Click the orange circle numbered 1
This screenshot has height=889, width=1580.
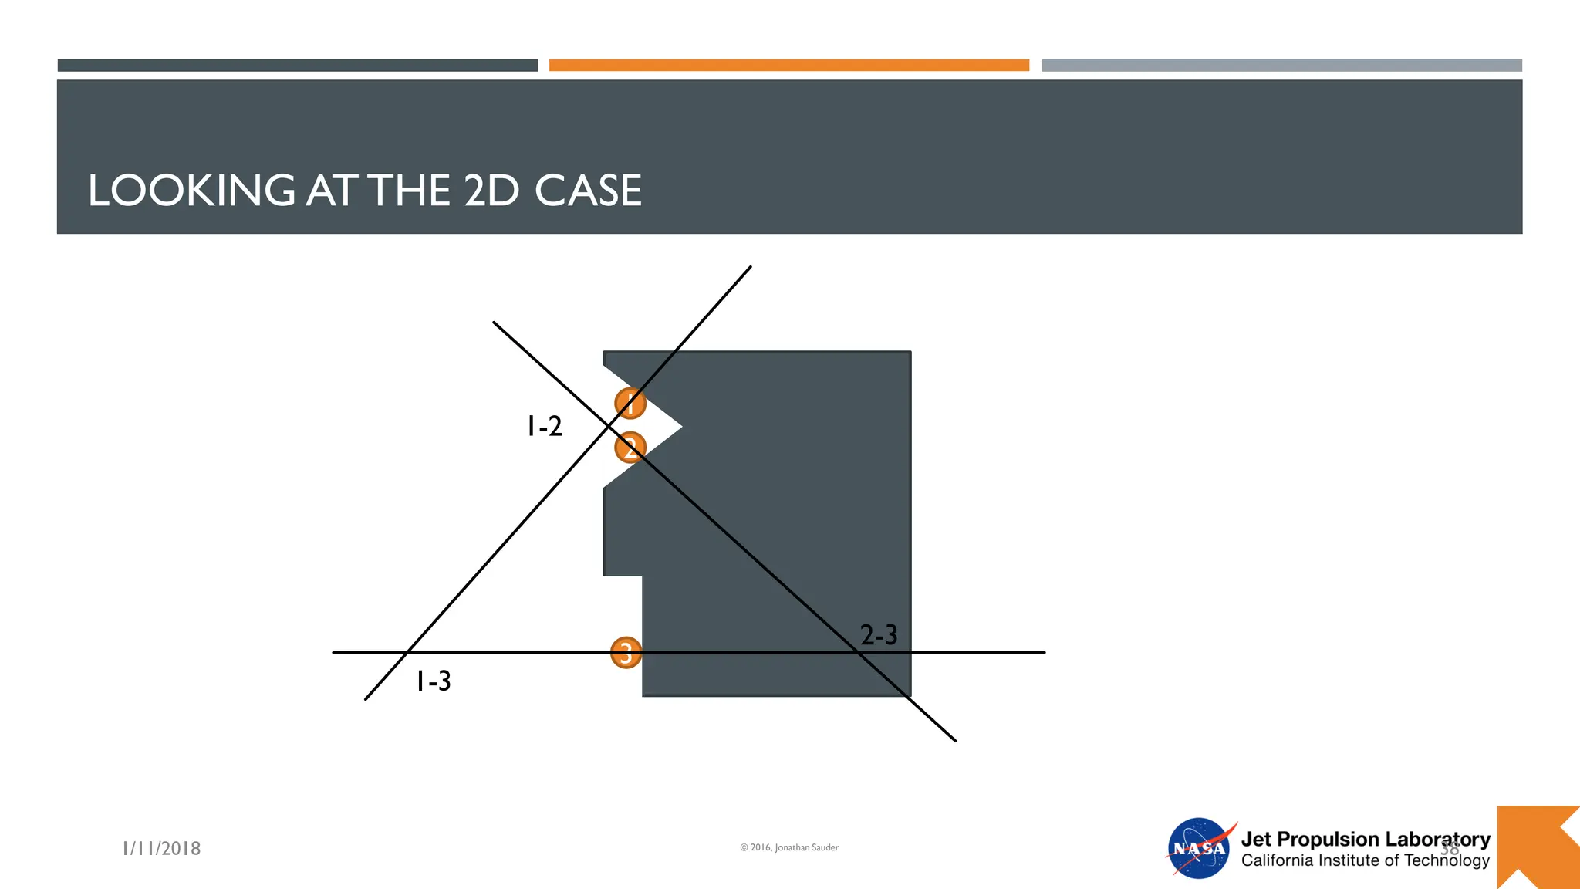coord(630,403)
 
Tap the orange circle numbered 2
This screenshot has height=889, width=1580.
coord(630,447)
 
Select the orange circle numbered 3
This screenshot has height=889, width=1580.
coord(626,653)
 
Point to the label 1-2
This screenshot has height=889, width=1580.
coord(545,426)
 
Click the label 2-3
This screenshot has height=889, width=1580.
coord(879,635)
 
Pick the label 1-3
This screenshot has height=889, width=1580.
coord(434,681)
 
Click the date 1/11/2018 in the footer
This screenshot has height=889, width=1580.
coord(162,848)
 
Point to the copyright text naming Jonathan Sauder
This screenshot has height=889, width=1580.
coord(789,847)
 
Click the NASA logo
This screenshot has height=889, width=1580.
coord(1199,848)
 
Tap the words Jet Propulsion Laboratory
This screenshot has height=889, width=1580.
coord(1365,839)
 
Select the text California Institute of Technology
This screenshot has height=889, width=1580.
coord(1365,860)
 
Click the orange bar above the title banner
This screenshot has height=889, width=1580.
coord(788,66)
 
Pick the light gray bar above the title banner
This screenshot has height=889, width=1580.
coord(1281,66)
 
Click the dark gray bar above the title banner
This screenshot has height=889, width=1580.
coord(297,66)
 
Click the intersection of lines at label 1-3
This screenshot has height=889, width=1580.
coord(406,653)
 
